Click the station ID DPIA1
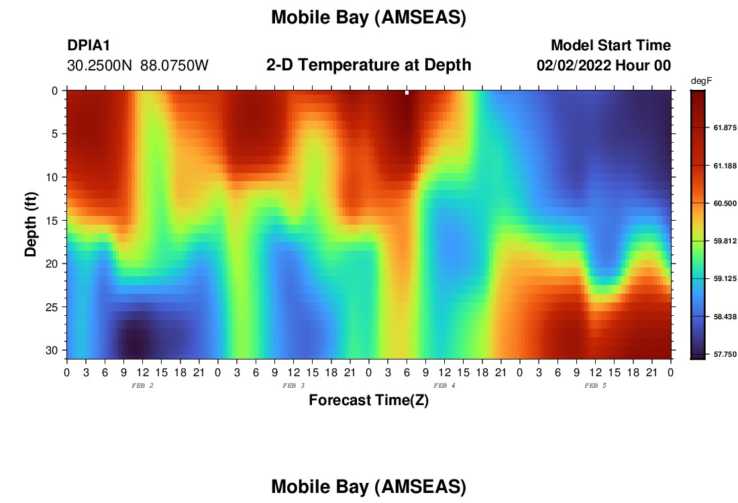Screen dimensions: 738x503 click(89, 46)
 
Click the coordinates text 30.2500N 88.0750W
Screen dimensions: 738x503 click(138, 66)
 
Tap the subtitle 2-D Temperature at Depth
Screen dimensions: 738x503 click(368, 65)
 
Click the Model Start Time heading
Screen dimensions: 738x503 click(611, 45)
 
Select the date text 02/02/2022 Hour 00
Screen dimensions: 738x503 click(604, 66)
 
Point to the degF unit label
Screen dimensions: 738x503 click(701, 81)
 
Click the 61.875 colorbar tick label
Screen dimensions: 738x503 click(725, 127)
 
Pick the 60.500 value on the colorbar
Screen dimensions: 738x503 click(725, 203)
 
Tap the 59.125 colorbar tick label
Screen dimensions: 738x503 click(725, 278)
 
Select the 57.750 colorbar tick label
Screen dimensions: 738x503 click(725, 354)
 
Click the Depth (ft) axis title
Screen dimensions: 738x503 click(31, 224)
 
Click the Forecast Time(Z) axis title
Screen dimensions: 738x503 click(368, 400)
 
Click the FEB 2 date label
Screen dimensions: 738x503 click(142, 386)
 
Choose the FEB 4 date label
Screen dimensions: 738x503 click(444, 386)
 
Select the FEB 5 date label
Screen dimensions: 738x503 click(595, 386)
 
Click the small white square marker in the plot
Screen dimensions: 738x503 click(407, 93)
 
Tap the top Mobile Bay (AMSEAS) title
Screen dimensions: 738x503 click(368, 17)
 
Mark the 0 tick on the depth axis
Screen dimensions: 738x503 click(55, 91)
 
